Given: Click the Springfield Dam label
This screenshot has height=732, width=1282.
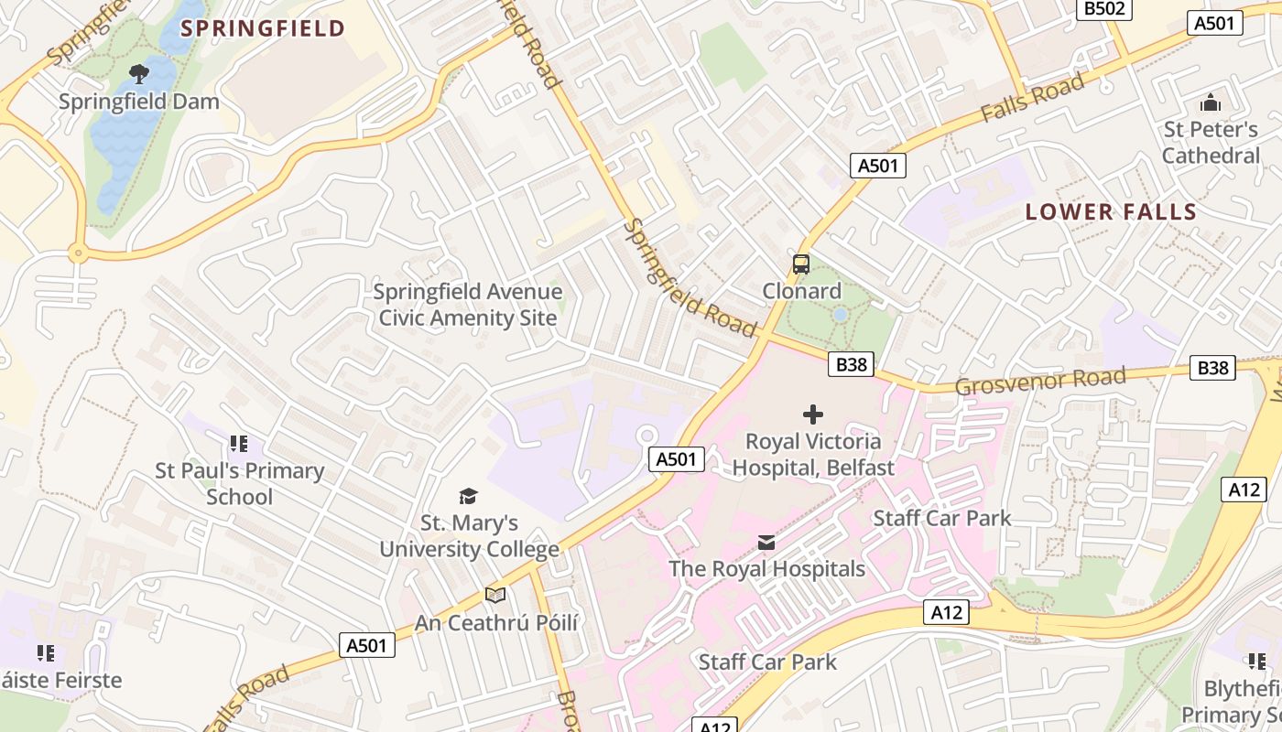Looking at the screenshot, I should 139,102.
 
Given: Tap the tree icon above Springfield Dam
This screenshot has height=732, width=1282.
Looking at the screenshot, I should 139,73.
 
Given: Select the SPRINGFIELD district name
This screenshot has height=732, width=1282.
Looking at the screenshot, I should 263,28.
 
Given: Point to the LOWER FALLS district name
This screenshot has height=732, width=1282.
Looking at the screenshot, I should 1111,212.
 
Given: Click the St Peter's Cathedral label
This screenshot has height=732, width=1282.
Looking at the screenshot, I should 1211,143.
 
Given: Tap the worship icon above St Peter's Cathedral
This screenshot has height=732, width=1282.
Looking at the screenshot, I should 1211,102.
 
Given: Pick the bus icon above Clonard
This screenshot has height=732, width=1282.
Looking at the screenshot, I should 801,264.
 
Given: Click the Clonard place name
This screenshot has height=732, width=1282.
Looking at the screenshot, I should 801,291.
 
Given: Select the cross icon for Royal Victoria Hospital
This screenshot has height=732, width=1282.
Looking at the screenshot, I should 812,414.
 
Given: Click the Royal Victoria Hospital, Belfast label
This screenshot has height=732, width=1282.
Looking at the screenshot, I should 812,455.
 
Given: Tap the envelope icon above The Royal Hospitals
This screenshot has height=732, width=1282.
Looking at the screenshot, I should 766,544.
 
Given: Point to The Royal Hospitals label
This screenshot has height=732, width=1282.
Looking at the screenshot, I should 766,569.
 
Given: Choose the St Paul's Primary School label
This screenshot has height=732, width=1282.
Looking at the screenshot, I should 239,484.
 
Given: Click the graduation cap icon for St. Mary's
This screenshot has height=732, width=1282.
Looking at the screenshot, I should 469,496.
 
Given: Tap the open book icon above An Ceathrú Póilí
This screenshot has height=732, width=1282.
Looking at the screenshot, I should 495,596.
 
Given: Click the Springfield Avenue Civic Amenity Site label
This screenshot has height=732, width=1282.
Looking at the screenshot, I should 468,305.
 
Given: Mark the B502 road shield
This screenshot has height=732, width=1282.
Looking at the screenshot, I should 1105,8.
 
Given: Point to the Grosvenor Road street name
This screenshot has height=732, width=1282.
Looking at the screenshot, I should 1040,382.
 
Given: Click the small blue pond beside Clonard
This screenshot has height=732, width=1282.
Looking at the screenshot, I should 840,315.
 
